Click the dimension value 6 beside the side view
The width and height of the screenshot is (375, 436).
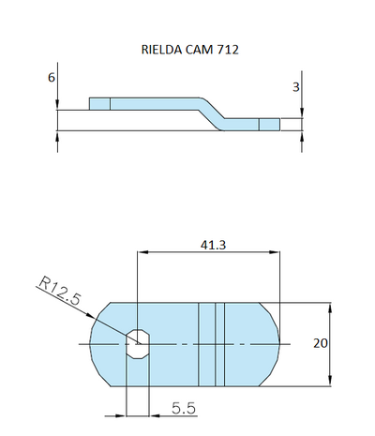(51, 79)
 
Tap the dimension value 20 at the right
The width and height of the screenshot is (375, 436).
(320, 343)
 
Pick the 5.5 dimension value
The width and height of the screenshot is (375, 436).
(184, 408)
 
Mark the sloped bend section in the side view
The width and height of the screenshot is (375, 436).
(211, 110)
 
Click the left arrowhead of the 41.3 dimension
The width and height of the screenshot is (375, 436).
(142, 251)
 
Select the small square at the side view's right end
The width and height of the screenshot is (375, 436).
(269, 124)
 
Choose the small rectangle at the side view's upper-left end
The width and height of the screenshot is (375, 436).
(99, 103)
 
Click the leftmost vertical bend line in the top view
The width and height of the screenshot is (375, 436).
(200, 343)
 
